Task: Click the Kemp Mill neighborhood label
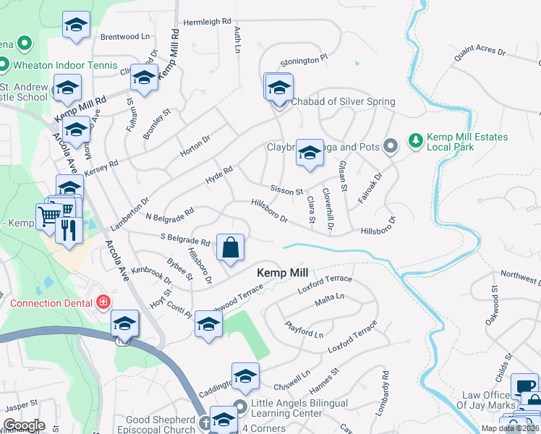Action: pyautogui.click(x=283, y=273)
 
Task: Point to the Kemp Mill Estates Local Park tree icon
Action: pyautogui.click(x=415, y=138)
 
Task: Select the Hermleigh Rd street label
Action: pyautogui.click(x=207, y=22)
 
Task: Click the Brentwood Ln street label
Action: pyautogui.click(x=124, y=35)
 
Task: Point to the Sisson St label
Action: pyautogui.click(x=286, y=190)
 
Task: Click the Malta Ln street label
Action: pyautogui.click(x=328, y=296)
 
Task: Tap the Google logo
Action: pyautogui.click(x=23, y=425)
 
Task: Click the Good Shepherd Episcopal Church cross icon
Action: pyautogui.click(x=205, y=422)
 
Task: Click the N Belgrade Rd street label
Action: pyautogui.click(x=169, y=214)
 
